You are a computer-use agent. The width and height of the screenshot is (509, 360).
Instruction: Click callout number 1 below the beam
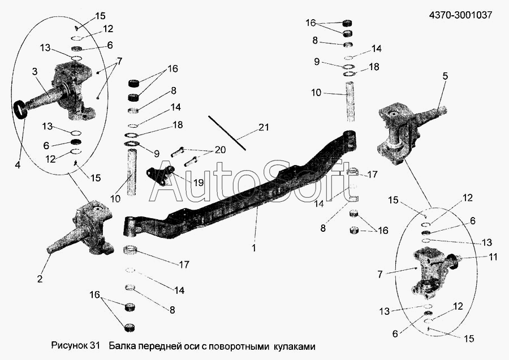(x=254, y=248)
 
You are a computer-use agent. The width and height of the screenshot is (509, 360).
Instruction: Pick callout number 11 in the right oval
(x=494, y=256)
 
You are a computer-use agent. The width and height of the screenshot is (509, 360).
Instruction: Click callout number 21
(x=264, y=128)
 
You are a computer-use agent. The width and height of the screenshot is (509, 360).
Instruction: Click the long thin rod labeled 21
(x=226, y=133)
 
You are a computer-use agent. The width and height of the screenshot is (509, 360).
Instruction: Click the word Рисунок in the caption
(x=70, y=345)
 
